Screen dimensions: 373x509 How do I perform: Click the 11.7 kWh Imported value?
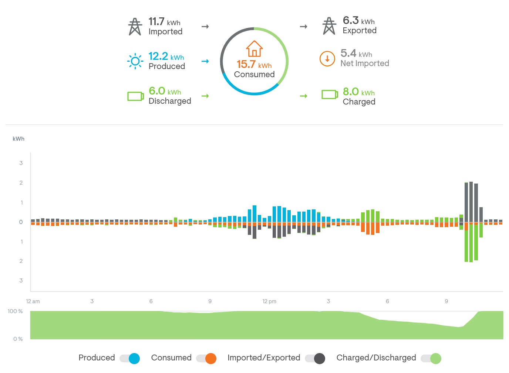pos(164,22)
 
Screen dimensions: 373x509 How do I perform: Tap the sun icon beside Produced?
pos(135,61)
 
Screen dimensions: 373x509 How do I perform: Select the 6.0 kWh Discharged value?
pos(165,91)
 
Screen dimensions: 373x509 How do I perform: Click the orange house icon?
pos(254,49)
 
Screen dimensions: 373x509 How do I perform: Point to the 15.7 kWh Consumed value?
pos(254,65)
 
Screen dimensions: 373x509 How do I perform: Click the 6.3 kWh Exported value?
pos(358,21)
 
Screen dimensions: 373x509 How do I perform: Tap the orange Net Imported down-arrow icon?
pos(327,59)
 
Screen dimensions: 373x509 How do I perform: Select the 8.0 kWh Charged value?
pos(358,92)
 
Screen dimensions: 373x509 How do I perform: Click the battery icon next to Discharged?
pos(135,96)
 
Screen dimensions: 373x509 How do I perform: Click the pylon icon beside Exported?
pos(329,26)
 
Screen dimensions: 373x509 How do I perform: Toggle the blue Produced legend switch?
pos(130,358)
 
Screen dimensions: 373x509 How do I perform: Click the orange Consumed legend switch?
pos(206,358)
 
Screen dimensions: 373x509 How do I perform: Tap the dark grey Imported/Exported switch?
pos(315,358)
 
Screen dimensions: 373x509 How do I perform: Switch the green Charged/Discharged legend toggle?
pos(431,358)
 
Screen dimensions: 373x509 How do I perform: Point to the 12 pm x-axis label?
pos(269,301)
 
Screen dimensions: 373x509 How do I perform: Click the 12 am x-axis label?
pos(33,301)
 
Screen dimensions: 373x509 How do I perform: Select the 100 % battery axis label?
pos(15,311)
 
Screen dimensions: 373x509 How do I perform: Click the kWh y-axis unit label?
pos(18,139)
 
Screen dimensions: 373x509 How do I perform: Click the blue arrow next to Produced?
pos(205,61)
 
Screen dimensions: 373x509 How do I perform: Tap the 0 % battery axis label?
pos(18,339)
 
